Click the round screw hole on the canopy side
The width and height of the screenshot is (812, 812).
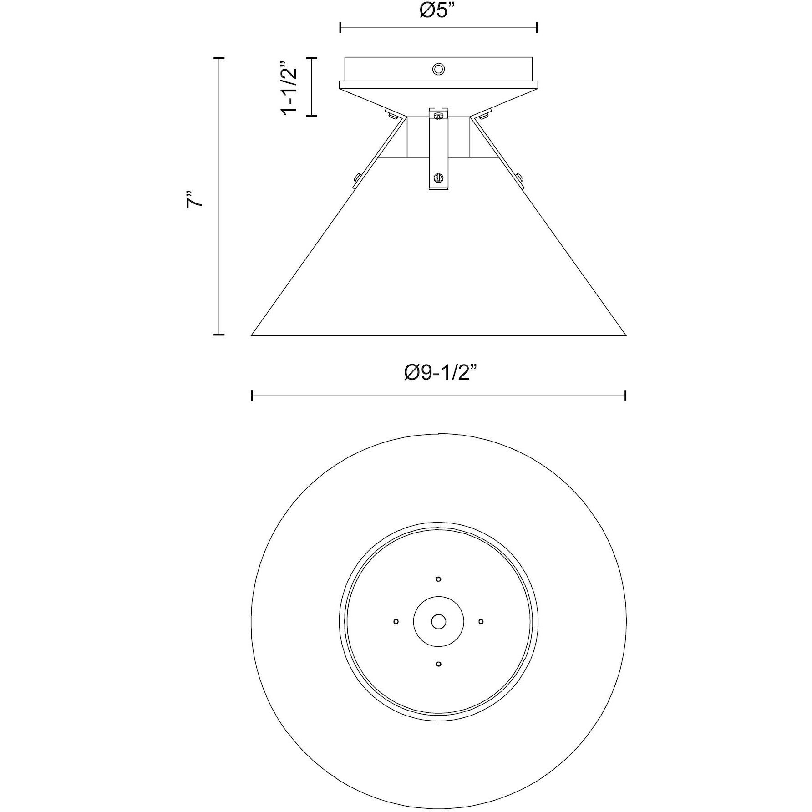pyautogui.click(x=438, y=69)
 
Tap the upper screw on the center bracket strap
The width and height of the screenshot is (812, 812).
pyautogui.click(x=438, y=116)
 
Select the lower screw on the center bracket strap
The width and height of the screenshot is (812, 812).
pyautogui.click(x=438, y=177)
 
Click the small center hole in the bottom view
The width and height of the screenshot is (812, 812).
pyautogui.click(x=438, y=621)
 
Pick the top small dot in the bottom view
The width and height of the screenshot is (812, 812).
pyautogui.click(x=438, y=579)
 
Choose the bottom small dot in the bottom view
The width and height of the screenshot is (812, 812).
pyautogui.click(x=438, y=664)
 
